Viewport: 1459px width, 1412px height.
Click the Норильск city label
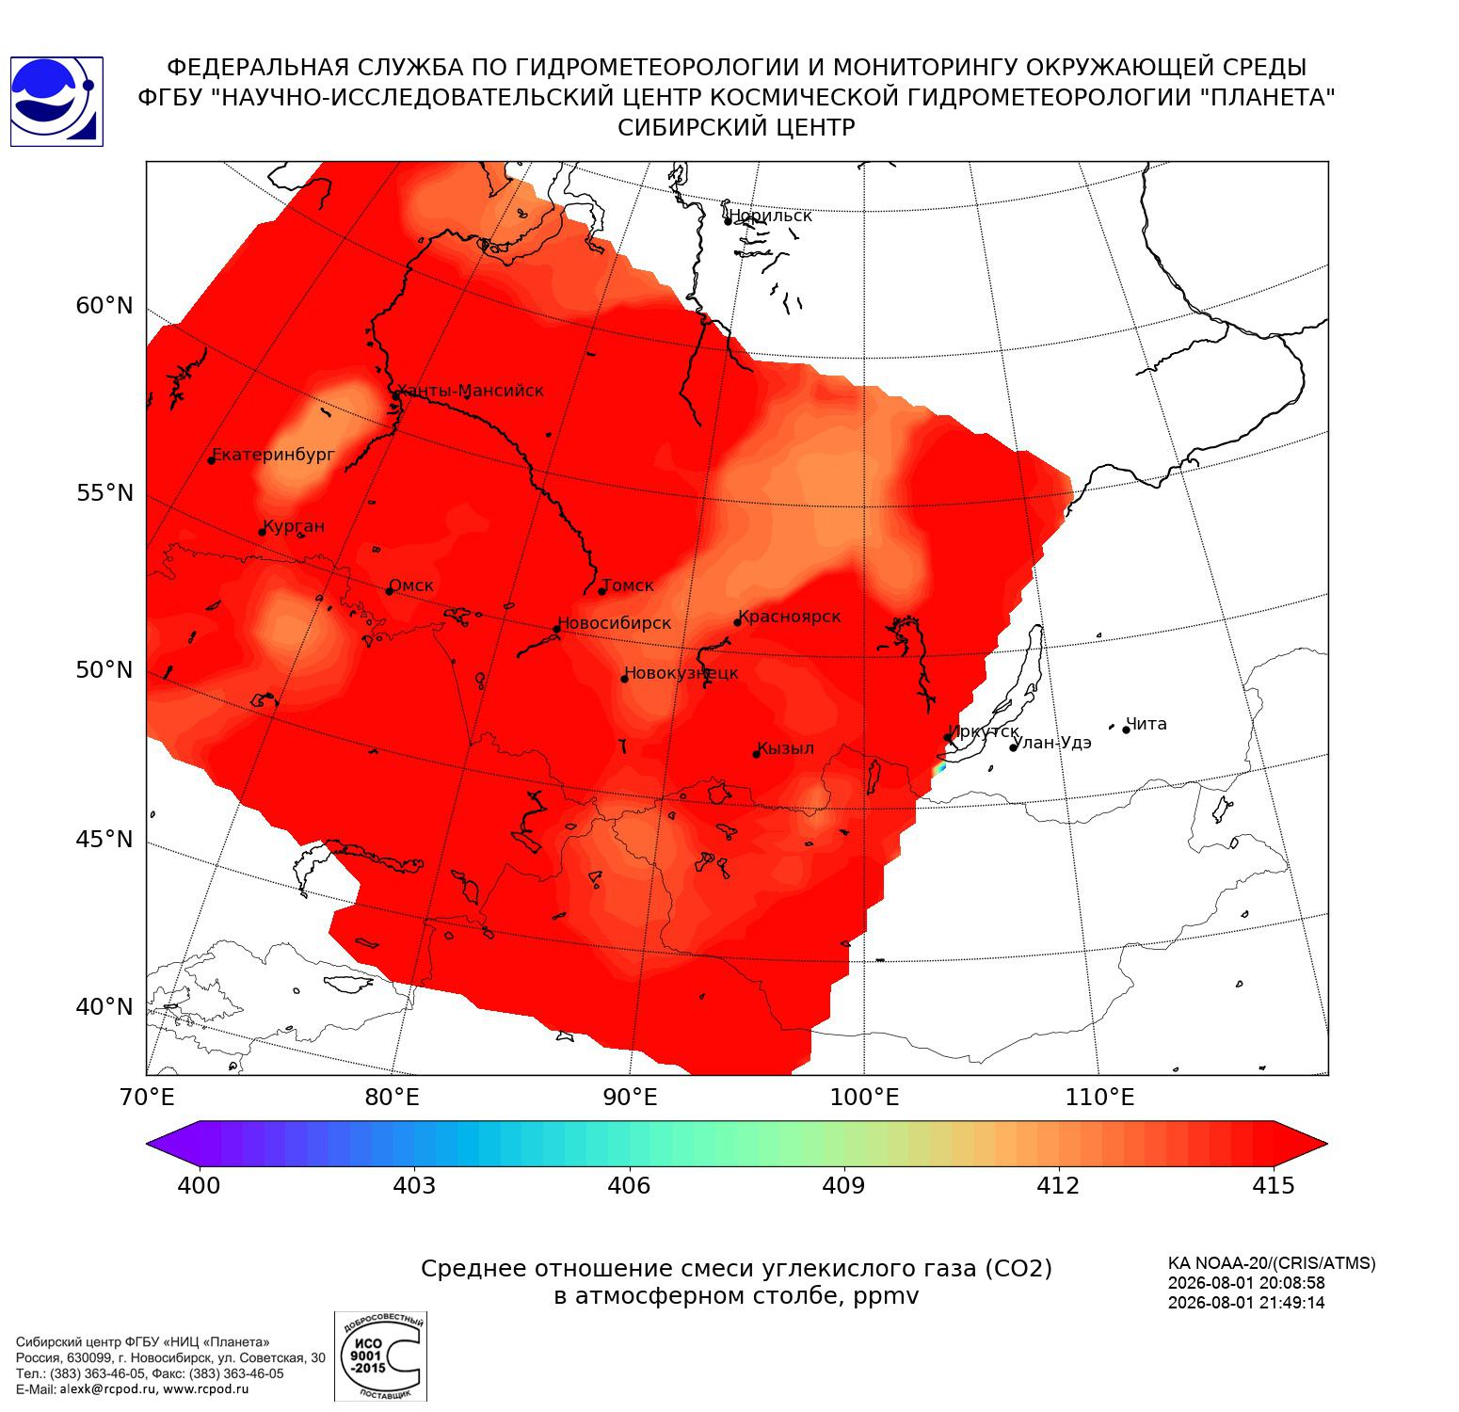[771, 216]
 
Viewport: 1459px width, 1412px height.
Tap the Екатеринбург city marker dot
[212, 459]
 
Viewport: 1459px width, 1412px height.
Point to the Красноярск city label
[790, 618]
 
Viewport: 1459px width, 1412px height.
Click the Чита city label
[1146, 724]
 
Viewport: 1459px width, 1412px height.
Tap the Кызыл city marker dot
[756, 753]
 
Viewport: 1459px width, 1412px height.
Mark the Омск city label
[411, 586]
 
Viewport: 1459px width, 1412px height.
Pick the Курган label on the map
[294, 526]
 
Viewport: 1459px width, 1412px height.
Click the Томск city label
[628, 586]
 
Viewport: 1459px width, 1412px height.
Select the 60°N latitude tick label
[104, 305]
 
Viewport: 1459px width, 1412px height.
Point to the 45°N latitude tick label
[104, 839]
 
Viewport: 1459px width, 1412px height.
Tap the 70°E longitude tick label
[146, 1097]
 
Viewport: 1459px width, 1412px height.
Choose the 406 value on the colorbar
[629, 1185]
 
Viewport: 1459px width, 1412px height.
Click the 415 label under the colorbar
[1274, 1185]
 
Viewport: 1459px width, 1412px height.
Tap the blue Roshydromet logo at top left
[56, 102]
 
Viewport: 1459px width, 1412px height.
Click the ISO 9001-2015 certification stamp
[380, 1356]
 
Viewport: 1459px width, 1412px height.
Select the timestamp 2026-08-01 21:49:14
[1246, 1303]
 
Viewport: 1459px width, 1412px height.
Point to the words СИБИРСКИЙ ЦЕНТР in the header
[736, 128]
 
